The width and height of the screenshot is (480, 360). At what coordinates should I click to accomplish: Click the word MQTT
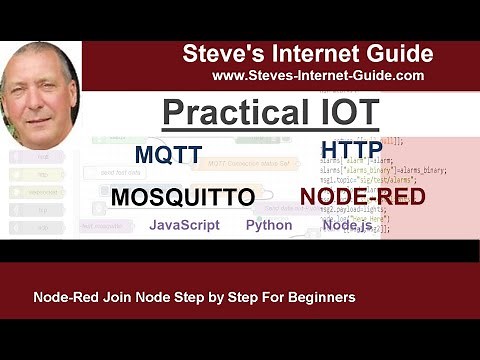coord(168,156)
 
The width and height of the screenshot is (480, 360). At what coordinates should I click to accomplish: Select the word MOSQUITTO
coord(182,198)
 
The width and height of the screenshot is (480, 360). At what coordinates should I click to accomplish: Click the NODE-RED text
coord(362,196)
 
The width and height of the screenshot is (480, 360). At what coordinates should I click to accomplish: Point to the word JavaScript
coord(184,225)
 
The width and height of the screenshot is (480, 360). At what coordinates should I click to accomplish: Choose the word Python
coord(269,225)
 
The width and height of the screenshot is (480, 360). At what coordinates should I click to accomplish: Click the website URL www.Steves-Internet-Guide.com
coord(318,75)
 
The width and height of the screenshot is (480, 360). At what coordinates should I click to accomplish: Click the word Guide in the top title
coord(396,54)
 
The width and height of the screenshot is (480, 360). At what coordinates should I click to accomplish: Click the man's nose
coord(37,97)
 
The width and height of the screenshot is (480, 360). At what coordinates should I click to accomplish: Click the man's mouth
coord(37,115)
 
